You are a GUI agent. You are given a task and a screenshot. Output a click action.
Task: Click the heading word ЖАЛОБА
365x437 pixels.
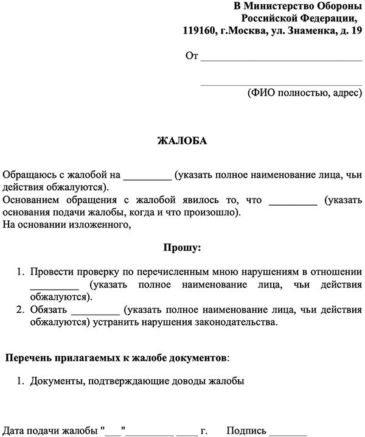tap(182, 141)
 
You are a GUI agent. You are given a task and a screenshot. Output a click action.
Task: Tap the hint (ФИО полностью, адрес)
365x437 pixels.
tap(304, 93)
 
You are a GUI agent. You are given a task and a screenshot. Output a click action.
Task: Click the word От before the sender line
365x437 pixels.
tap(192, 57)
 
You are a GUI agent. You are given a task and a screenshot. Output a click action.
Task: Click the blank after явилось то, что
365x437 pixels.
tap(293, 201)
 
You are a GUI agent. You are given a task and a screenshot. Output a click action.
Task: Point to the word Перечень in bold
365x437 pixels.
tap(29, 357)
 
